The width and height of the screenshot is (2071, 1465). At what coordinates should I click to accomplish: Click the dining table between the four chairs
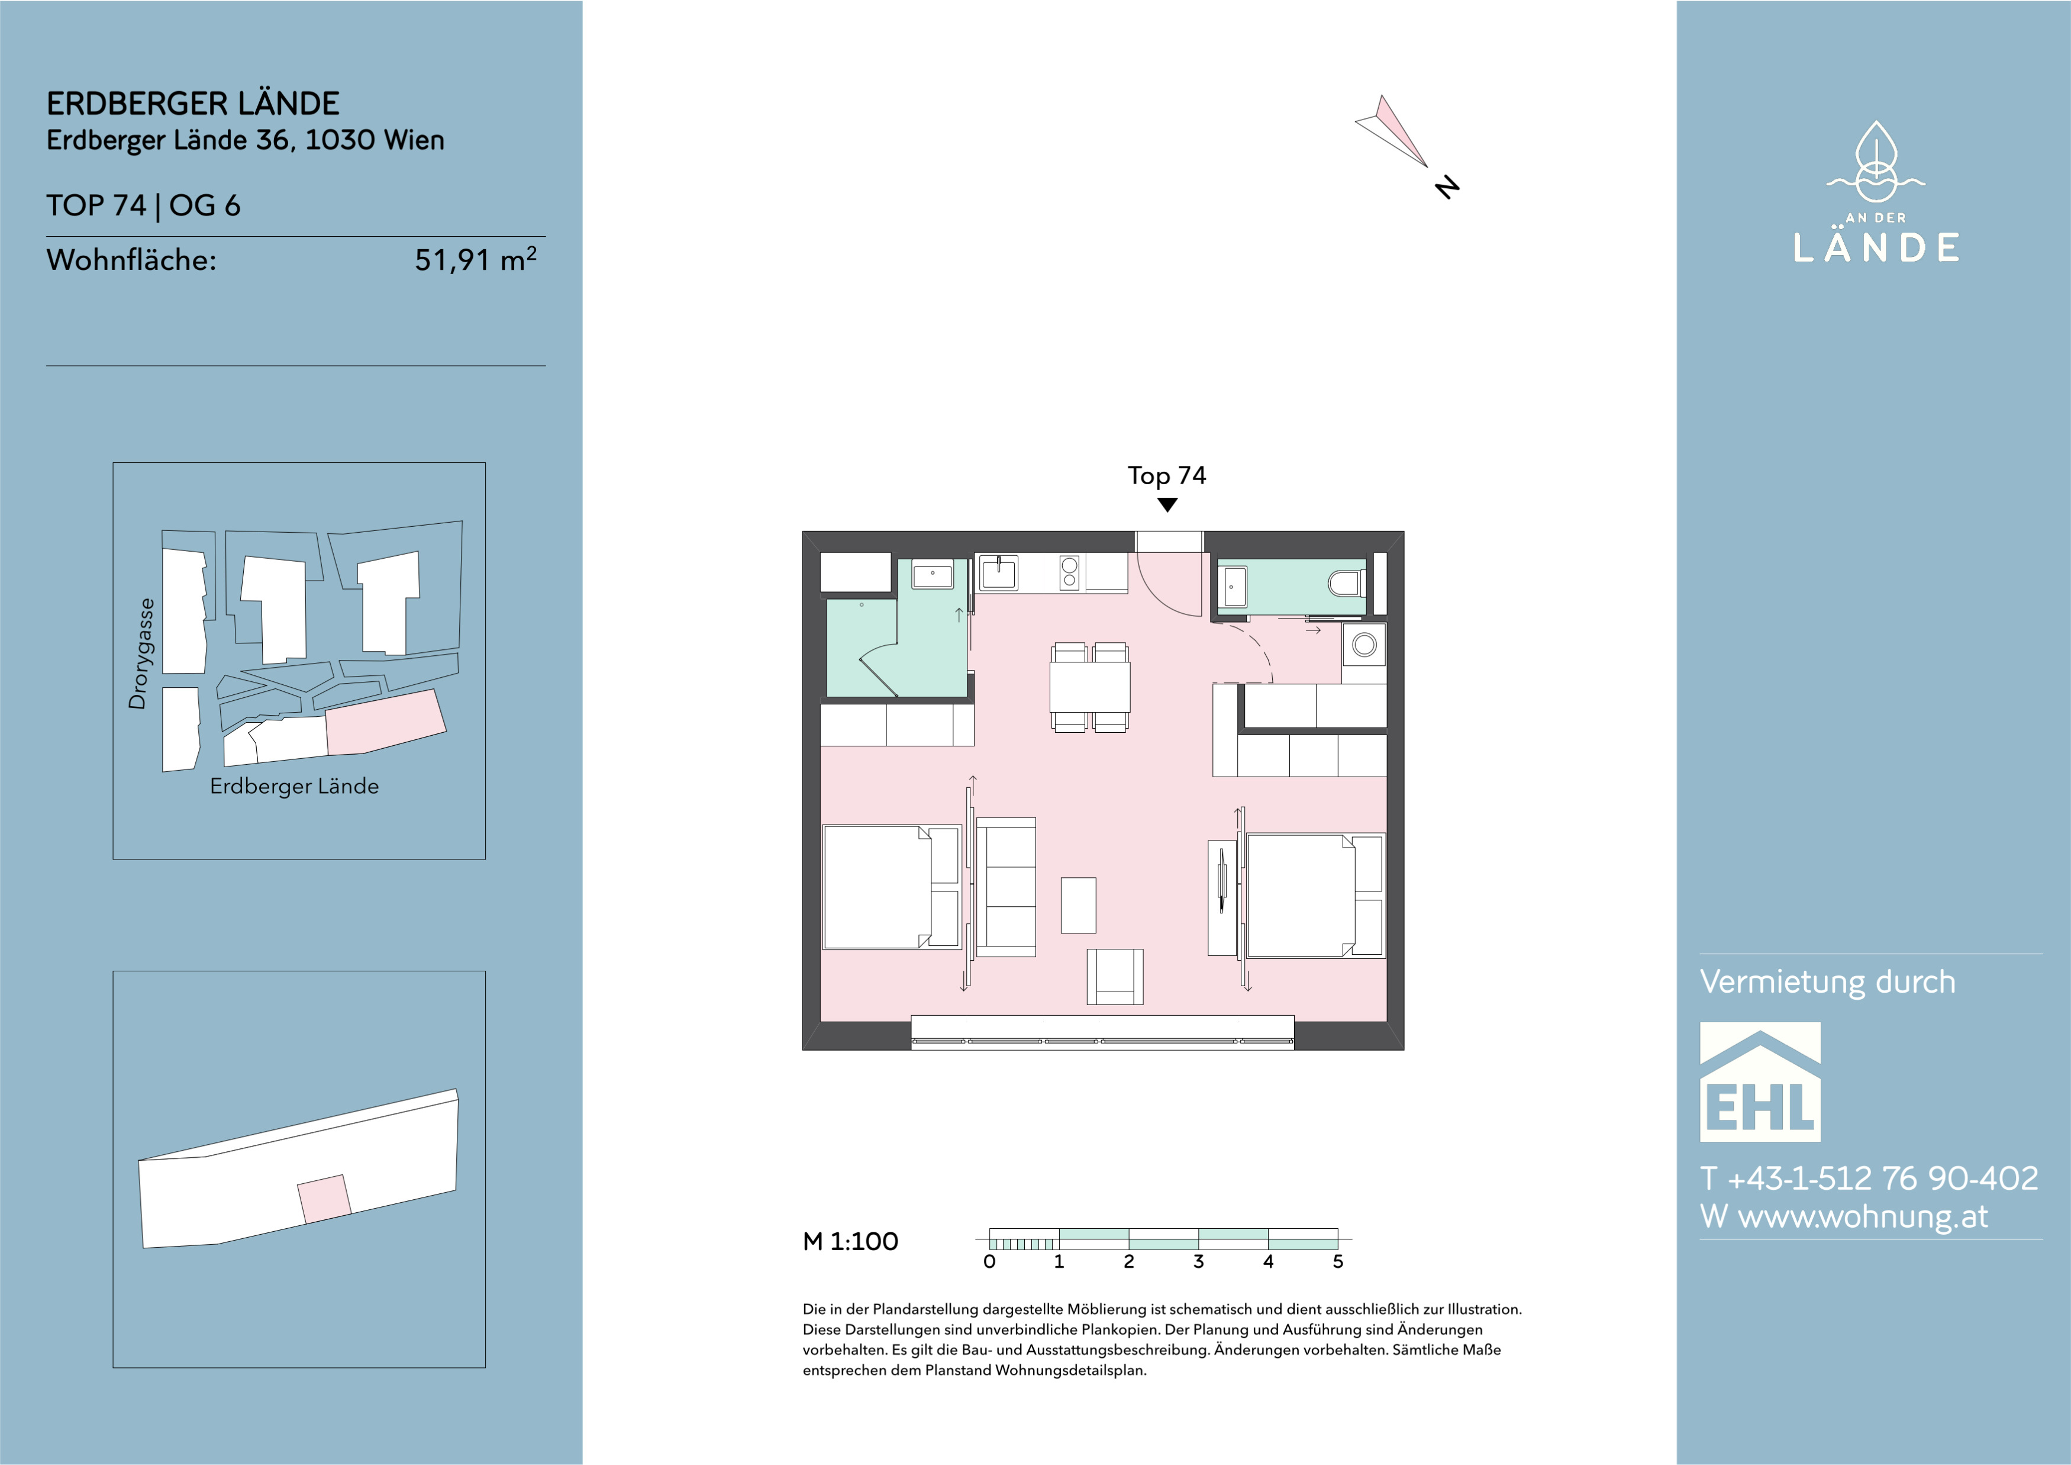tap(1089, 687)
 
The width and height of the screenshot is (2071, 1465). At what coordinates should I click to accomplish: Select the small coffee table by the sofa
tap(1078, 905)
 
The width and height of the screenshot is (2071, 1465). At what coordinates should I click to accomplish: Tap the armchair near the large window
tap(1115, 977)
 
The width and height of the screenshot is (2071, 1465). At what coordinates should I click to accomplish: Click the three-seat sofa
tap(1006, 887)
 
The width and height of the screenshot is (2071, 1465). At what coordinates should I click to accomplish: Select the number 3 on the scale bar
tap(1198, 1262)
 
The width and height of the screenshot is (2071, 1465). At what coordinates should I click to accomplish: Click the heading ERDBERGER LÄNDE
tap(193, 104)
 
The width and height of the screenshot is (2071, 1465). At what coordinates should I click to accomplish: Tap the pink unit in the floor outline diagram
tap(325, 1199)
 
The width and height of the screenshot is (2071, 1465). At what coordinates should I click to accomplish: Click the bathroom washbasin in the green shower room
tap(933, 575)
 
